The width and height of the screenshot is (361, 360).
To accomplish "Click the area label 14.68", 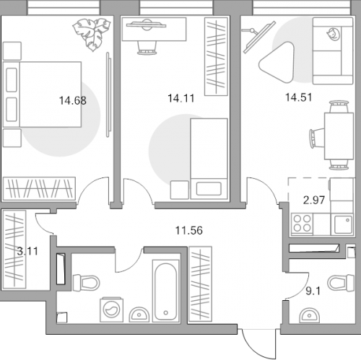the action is (x=73, y=100).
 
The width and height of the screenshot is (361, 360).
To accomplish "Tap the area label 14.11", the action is (x=181, y=98).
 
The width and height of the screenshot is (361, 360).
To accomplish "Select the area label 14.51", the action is (x=298, y=97).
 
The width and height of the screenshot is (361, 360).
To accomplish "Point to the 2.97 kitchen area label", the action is (x=314, y=200).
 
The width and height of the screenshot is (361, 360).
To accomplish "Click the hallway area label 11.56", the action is (x=189, y=230).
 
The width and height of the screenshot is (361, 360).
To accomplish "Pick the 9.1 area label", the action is (x=313, y=291).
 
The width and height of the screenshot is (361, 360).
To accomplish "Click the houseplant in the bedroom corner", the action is (x=92, y=34).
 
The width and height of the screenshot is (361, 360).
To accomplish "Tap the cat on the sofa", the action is (x=334, y=34).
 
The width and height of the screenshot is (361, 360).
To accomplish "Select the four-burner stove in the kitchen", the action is (x=302, y=224).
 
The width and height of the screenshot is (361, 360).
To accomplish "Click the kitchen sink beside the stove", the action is (x=343, y=224).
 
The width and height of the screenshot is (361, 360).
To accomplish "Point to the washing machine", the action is (x=111, y=309).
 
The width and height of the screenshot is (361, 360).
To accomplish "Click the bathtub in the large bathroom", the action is (x=165, y=291).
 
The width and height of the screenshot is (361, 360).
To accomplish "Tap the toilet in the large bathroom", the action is (x=86, y=283).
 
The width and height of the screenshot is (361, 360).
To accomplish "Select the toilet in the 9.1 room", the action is (x=341, y=283).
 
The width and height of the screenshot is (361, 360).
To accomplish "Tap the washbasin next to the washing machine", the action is (x=139, y=315).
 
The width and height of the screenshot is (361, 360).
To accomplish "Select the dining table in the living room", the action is (x=339, y=136).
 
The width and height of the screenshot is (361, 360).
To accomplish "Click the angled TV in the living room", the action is (x=258, y=37).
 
